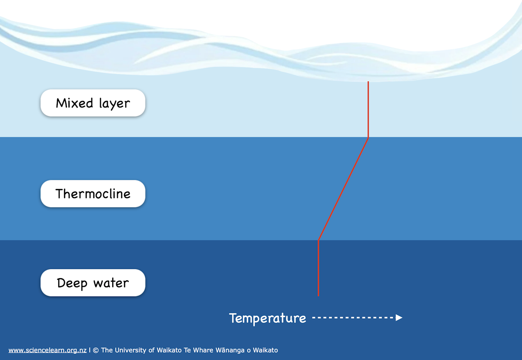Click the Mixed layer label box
click(x=93, y=103)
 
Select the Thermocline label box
click(x=93, y=194)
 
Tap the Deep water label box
click(x=93, y=283)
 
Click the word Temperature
click(x=268, y=318)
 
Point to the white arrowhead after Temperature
click(x=399, y=318)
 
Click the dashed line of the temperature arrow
click(x=352, y=318)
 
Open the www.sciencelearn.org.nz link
click(x=47, y=350)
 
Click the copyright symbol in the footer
click(x=96, y=350)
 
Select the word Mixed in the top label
click(x=74, y=103)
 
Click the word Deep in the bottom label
click(x=72, y=283)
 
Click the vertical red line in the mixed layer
click(x=368, y=109)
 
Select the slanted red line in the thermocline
click(x=344, y=188)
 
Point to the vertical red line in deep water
click(x=318, y=268)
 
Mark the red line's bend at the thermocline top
click(x=368, y=138)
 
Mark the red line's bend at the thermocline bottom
click(x=319, y=240)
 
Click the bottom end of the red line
click(x=318, y=296)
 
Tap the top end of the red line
click(x=368, y=82)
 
